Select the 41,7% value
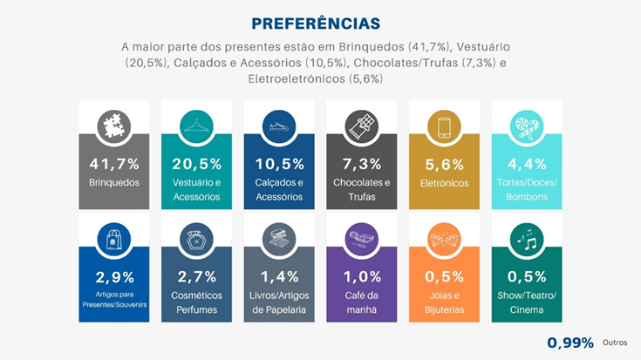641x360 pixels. click(113, 163)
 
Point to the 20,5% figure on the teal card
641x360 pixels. click(196, 163)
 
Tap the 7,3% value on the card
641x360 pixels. click(361, 163)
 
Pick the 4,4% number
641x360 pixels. click(526, 163)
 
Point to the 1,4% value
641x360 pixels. click(279, 276)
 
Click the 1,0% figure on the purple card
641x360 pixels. click(361, 276)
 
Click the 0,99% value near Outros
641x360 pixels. click(570, 343)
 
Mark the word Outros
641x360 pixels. click(614, 343)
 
